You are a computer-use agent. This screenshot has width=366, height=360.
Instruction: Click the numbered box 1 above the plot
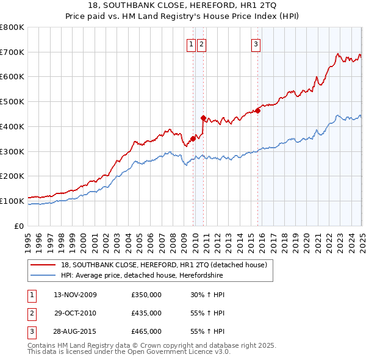pos(192,44)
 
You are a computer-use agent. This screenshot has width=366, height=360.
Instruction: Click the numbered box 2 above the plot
pos(201,44)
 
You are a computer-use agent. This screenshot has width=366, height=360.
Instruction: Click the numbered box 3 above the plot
pos(256,44)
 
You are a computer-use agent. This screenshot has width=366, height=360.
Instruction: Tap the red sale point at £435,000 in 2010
pos(203,118)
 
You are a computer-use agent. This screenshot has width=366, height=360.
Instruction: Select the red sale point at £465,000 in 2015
pos(258,110)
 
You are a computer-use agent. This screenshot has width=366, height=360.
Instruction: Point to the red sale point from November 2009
pos(193,139)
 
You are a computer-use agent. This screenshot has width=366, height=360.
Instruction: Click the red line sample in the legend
pos(43,265)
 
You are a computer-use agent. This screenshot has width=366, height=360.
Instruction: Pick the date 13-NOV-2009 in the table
pos(75,295)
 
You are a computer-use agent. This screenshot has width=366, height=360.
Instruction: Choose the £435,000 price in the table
pos(146,313)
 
